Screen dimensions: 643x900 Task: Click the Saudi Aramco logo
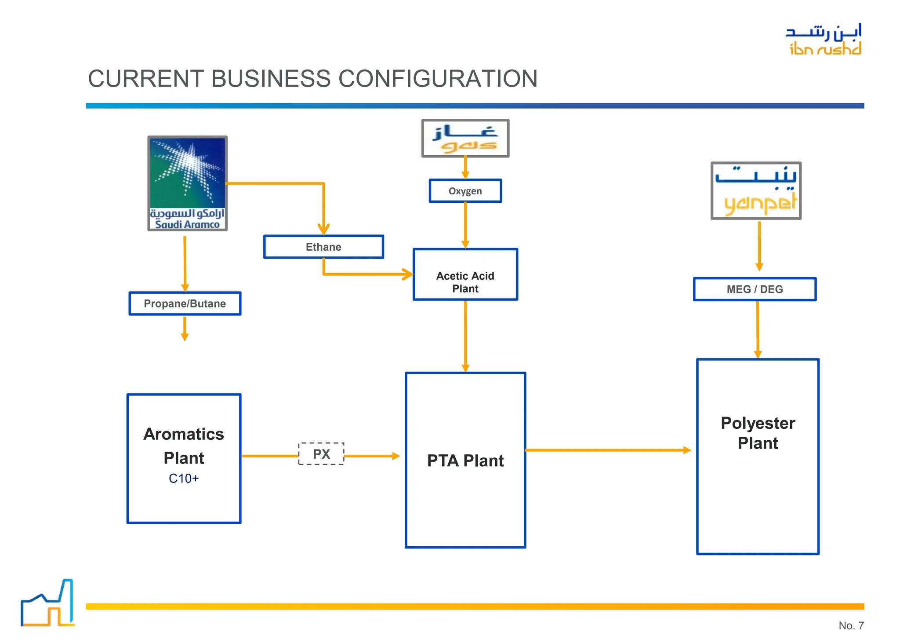tap(187, 183)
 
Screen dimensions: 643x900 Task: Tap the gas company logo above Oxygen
tap(465, 138)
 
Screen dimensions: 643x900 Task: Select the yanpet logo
tap(756, 190)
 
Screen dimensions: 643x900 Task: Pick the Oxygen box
tap(465, 191)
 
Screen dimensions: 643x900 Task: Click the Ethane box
tap(323, 247)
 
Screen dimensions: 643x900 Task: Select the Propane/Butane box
tap(185, 303)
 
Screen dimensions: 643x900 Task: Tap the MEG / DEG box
tap(755, 289)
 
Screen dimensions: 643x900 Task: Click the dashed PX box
tap(321, 454)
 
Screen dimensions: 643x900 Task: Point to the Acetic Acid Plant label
tap(465, 282)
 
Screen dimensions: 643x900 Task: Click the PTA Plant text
tap(465, 460)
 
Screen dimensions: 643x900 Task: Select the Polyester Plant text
tap(758, 433)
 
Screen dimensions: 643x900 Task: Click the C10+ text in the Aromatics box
tap(184, 478)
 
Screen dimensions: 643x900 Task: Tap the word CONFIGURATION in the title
tap(438, 79)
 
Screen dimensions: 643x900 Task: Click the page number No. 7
tap(851, 625)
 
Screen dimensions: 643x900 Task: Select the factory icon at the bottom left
tap(47, 603)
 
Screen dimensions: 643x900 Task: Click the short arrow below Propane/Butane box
tap(185, 328)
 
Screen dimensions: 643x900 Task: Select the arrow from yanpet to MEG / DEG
tap(759, 245)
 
